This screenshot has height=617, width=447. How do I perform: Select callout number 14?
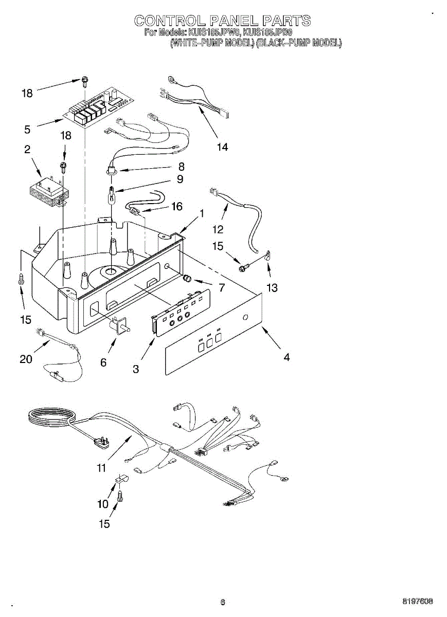[222, 147]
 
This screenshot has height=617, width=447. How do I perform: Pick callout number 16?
[176, 207]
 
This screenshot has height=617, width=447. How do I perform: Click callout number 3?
[136, 369]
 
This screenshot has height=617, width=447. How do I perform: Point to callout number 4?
[286, 357]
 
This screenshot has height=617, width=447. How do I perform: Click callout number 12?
[218, 229]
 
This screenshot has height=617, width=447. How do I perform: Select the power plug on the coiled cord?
[98, 441]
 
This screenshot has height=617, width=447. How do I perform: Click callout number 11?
[101, 468]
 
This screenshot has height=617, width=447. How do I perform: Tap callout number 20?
[26, 359]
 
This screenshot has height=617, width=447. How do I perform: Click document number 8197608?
[417, 601]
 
